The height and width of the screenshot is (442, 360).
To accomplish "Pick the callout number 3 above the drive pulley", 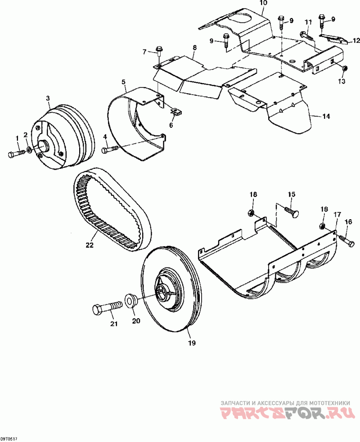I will click(48, 98).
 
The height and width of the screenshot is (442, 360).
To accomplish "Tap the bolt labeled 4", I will click(110, 149).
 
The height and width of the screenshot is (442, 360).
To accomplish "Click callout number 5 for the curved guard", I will click(123, 81).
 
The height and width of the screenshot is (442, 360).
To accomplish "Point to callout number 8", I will click(194, 47).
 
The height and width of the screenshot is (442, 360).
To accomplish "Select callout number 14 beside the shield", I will click(326, 117).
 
